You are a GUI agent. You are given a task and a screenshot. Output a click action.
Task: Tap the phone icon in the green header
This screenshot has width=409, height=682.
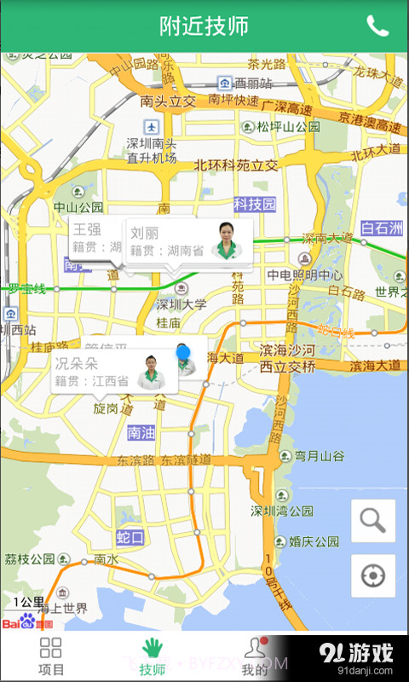click(377, 26)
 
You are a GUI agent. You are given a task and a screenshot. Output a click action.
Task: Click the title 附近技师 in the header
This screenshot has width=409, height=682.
click(204, 26)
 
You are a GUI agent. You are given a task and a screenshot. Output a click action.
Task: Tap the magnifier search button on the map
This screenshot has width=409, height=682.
click(373, 521)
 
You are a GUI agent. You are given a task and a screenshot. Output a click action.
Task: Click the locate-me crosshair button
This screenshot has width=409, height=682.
click(373, 576)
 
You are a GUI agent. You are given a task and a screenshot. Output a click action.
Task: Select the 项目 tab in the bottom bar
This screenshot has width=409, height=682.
click(51, 656)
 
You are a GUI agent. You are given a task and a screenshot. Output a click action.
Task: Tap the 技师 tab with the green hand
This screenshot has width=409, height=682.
click(153, 656)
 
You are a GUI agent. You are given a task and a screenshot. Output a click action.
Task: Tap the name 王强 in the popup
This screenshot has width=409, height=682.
click(87, 228)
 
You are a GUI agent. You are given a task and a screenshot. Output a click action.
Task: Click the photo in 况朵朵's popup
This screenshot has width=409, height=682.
click(152, 371)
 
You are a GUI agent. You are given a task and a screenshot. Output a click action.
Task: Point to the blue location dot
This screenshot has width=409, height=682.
click(183, 352)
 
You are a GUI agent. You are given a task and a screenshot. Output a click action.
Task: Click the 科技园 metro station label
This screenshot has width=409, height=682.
click(256, 204)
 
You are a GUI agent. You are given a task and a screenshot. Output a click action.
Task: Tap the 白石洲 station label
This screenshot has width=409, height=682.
click(381, 228)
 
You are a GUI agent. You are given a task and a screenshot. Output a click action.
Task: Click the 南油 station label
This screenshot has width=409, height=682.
click(141, 433)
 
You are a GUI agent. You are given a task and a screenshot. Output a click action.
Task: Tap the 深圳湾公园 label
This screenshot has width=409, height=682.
click(284, 511)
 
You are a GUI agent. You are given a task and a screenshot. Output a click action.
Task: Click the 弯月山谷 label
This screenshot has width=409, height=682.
click(319, 456)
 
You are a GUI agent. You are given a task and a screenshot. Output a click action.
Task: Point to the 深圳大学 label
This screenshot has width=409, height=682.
click(181, 304)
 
